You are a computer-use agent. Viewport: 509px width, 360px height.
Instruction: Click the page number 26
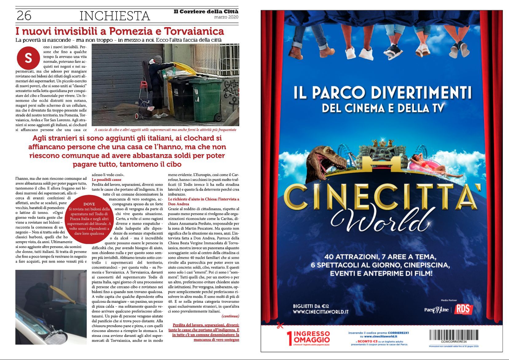(24, 16)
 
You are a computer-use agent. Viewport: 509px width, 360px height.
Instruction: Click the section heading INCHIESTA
(115, 16)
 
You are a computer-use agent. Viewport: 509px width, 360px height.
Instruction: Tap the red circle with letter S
(28, 58)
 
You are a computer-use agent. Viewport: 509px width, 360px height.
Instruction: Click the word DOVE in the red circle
(89, 204)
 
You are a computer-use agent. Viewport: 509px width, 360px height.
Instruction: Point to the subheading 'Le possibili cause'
(106, 180)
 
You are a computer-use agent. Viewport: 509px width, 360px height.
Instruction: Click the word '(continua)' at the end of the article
(230, 316)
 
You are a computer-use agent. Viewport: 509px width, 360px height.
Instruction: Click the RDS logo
(463, 309)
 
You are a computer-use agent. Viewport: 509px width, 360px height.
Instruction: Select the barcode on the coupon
(454, 335)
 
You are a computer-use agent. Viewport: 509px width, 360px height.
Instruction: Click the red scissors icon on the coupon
(280, 325)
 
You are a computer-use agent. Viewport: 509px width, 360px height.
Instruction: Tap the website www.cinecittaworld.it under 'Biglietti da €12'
(320, 312)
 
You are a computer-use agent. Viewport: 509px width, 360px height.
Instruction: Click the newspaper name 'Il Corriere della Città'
(206, 12)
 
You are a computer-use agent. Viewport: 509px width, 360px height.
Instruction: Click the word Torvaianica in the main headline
(194, 31)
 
